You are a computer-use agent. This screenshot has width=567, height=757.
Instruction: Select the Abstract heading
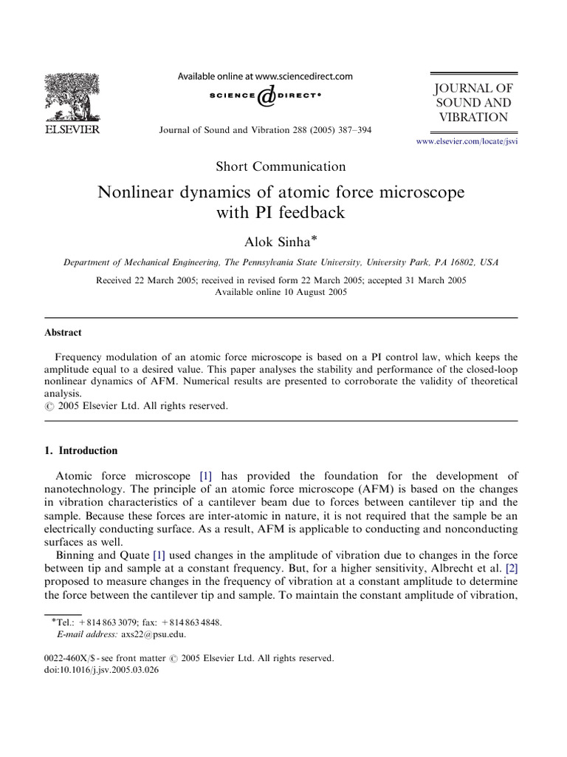(63, 333)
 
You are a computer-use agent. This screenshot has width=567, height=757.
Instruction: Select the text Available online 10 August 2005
(281, 291)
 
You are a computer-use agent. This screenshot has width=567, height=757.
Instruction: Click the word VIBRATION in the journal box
(473, 118)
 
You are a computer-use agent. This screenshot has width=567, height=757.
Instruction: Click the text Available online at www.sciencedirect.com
(265, 75)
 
